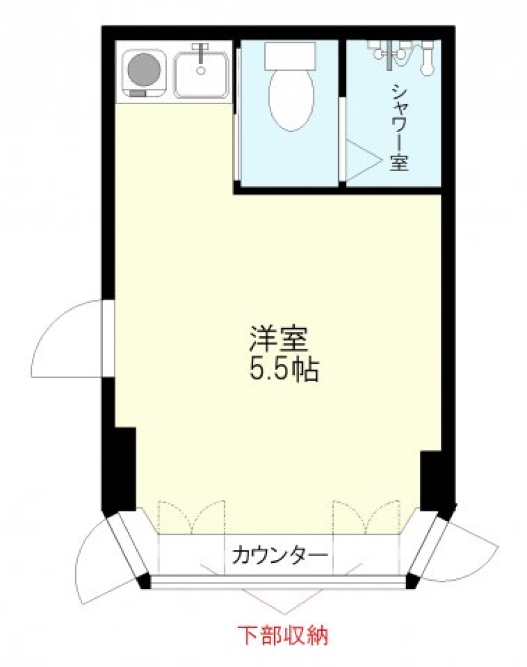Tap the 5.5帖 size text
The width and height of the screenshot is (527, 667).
tap(284, 371)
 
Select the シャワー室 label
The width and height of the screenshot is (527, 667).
tap(399, 128)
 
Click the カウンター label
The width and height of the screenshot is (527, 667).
tap(279, 556)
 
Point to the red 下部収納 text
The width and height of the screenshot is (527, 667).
tap(283, 636)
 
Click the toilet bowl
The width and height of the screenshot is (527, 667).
tap(291, 99)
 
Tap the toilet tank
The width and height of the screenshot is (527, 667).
tap(290, 56)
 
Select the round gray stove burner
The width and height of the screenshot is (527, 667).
tap(144, 70)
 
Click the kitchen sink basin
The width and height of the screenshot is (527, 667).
tap(201, 76)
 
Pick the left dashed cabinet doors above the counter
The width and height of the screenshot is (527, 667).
tap(191, 517)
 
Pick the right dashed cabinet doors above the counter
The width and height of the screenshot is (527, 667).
tap(366, 517)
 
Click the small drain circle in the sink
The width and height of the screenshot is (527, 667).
tap(201, 70)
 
